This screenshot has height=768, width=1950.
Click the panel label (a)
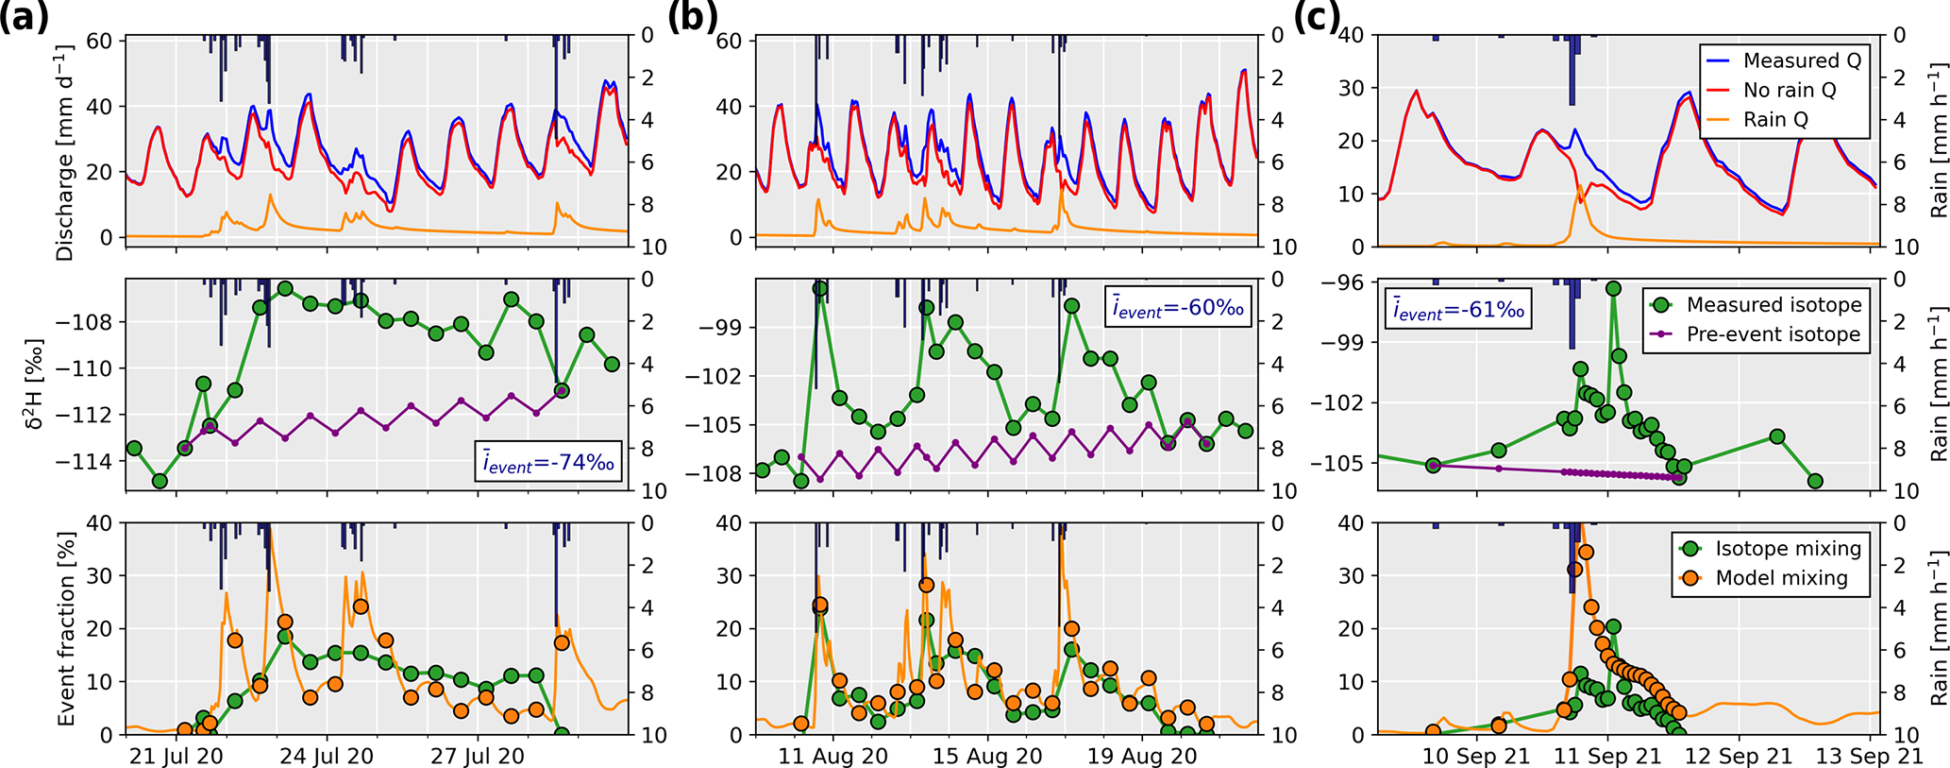pos(25,18)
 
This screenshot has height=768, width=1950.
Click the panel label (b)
pos(693,18)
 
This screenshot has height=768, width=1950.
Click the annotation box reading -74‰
pos(548,462)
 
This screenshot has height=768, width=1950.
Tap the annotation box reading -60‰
pos(1178,307)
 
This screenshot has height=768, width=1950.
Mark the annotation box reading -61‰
pos(1458,309)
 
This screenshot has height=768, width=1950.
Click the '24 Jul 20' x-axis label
pos(328,757)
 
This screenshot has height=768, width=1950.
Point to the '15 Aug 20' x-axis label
pos(987,757)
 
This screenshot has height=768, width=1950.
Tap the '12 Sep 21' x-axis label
pos(1738,757)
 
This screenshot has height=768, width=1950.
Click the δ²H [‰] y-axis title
pos(35,384)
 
